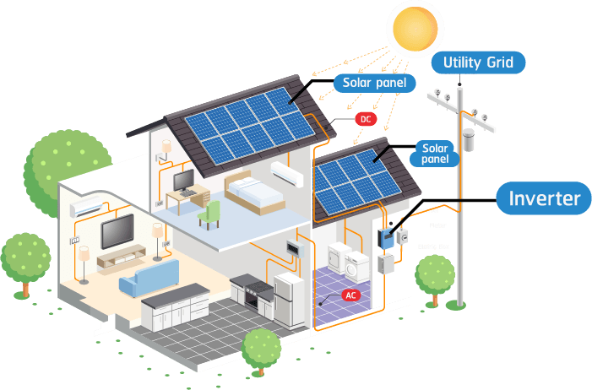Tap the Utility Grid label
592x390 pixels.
coord(478,62)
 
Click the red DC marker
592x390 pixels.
coord(366,119)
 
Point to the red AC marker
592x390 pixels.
coord(351,295)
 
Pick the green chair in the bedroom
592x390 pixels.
coord(209,212)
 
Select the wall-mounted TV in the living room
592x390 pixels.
coord(117,230)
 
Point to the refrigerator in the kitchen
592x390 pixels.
coord(289,299)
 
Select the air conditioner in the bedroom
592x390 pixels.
coord(286,174)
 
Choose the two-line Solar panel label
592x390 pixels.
coord(435,153)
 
